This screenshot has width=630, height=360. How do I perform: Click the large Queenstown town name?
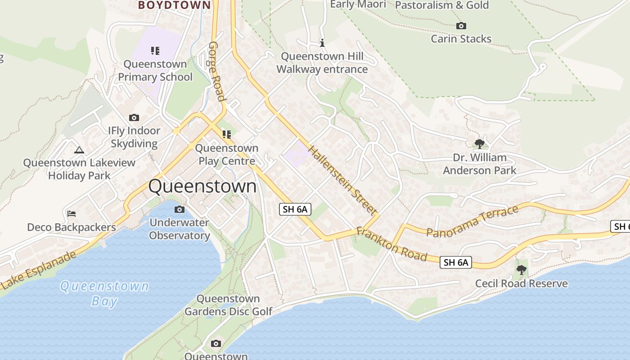coord(202,186)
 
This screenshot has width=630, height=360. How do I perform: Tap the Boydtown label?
coord(174,5)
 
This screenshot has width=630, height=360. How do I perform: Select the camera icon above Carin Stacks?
coord(461,26)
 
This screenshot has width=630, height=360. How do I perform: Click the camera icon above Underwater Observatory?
coord(179,209)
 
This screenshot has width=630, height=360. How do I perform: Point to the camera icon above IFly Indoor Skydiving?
coord(134,118)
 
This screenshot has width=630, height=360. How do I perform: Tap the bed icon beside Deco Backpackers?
coord(71,214)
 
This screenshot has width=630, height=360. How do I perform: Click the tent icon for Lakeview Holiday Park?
coord(79,150)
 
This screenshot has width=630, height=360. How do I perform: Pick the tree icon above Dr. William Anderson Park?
coord(480,144)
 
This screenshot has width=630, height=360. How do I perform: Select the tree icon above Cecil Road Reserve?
coord(521,270)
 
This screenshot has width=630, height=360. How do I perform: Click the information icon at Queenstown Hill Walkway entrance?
coord(322,43)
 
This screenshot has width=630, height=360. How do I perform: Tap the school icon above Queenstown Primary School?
coord(155,51)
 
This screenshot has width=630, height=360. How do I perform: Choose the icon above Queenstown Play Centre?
coord(226,135)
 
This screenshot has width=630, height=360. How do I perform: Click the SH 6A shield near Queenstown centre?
coord(295,209)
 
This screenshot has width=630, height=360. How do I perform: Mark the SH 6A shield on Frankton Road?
coord(455,262)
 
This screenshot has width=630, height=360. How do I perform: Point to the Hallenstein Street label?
coord(342,180)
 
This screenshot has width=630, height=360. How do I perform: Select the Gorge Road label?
coord(216,72)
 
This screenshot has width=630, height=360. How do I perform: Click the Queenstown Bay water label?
coord(104,293)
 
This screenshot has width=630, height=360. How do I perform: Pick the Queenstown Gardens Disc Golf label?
coord(229,305)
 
